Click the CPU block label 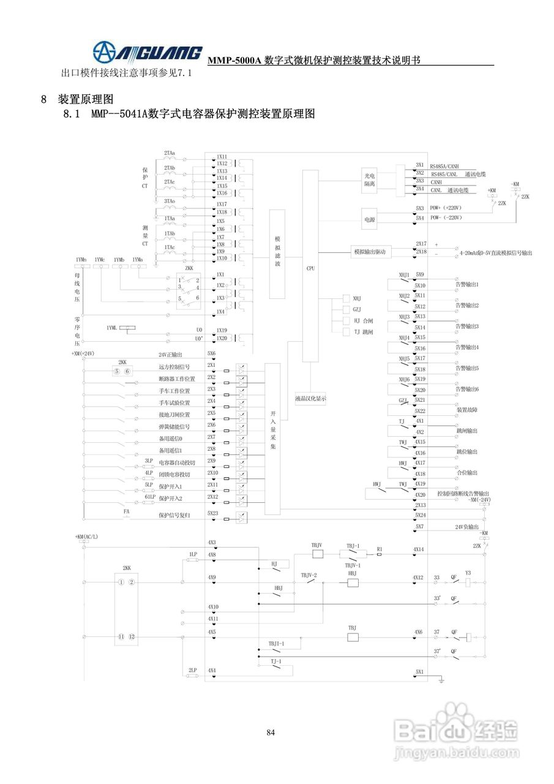coord(310,268)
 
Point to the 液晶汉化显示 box coord(310,398)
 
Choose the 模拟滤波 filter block coord(277,251)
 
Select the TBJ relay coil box coord(353,637)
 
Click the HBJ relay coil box coord(353,582)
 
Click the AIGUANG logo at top coord(147,51)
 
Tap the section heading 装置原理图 coord(86,99)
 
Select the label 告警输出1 coord(466,285)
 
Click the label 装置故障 coord(467,410)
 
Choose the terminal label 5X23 coord(212,513)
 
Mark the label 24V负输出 coord(467,527)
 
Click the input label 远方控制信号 coord(174,367)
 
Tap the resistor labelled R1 coord(380,554)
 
